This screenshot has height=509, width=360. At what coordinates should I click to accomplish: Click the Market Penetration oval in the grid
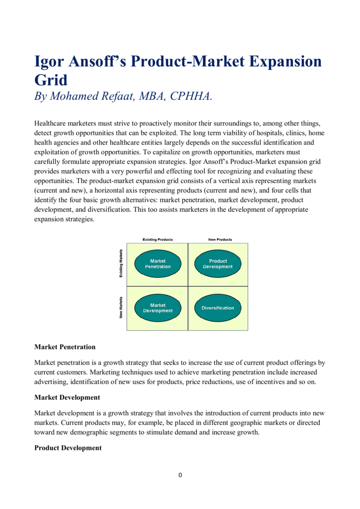click(158, 264)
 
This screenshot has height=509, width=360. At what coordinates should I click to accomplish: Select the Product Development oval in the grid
click(218, 264)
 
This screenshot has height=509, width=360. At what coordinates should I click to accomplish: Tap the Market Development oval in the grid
click(158, 308)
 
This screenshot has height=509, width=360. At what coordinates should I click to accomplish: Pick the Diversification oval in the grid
click(218, 308)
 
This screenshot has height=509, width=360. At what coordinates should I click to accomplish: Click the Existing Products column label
click(158, 240)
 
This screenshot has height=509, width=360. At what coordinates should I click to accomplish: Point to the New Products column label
click(220, 240)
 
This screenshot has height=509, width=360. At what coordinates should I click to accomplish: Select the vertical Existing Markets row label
click(121, 264)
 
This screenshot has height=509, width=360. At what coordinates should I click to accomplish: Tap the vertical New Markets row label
click(121, 308)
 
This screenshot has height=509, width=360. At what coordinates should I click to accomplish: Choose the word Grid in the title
click(50, 80)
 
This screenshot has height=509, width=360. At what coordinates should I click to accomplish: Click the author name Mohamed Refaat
click(92, 96)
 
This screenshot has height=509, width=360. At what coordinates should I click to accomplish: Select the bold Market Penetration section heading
click(65, 346)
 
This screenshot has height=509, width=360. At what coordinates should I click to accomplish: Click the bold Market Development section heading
click(67, 397)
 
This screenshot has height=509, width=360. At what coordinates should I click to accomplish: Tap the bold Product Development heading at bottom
click(68, 448)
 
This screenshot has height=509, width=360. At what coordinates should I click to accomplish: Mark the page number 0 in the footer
click(180, 475)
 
